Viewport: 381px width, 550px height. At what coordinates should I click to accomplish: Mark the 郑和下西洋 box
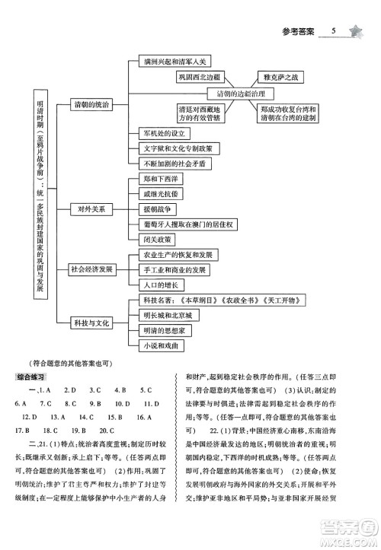tap(161, 179)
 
